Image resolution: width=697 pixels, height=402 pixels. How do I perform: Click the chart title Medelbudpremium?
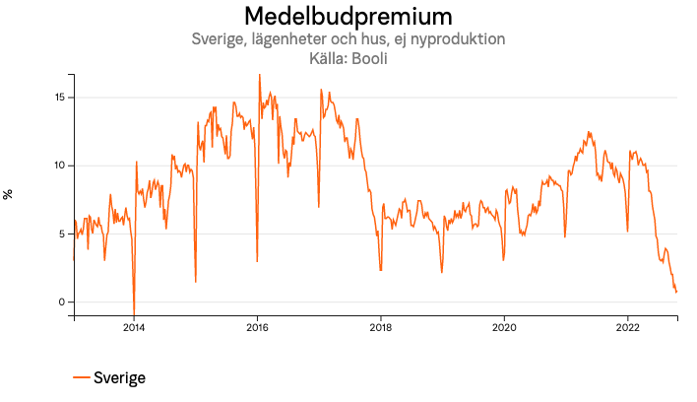point(348,17)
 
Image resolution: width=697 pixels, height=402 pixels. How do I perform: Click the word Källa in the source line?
point(327,58)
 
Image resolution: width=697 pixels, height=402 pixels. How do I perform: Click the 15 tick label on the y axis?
point(59,98)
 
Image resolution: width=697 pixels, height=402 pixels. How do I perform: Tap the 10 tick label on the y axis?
point(59,166)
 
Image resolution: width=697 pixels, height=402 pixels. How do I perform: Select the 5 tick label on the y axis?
point(62,234)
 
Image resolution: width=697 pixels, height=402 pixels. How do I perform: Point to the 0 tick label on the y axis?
point(62,302)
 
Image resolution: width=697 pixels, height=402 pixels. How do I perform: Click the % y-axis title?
point(9,194)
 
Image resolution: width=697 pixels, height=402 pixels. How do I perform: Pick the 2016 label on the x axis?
point(257,329)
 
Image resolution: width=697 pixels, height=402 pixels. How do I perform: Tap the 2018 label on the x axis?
point(381,329)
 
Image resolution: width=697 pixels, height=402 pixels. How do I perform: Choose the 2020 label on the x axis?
point(504,329)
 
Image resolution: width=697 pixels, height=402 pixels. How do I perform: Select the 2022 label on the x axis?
point(628,329)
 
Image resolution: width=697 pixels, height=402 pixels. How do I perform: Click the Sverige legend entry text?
point(119,378)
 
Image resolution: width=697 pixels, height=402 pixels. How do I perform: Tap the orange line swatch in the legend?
point(82,378)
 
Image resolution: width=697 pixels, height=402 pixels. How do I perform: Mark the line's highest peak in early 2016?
point(260,75)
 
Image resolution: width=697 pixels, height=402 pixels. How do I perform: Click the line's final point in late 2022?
point(676,292)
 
